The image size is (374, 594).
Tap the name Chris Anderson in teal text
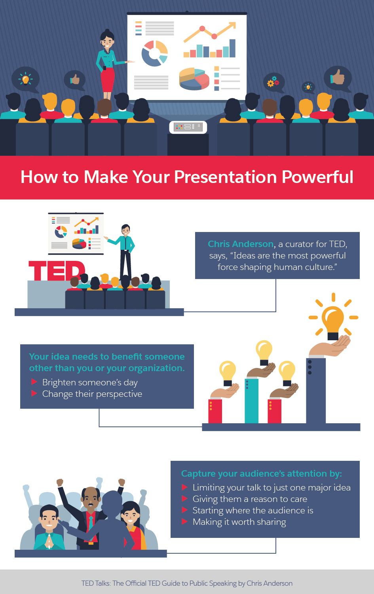click(x=241, y=244)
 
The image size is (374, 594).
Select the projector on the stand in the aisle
click(x=188, y=127)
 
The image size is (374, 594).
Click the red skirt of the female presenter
click(x=107, y=80)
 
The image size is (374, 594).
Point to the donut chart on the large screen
click(x=155, y=53)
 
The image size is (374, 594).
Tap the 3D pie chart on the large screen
click(x=194, y=78)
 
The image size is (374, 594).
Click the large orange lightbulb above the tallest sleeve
click(x=333, y=320)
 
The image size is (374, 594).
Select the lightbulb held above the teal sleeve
click(x=264, y=351)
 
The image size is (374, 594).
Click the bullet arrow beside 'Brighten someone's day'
click(x=34, y=382)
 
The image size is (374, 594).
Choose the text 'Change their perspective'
click(x=92, y=394)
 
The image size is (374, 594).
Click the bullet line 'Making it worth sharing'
click(x=239, y=522)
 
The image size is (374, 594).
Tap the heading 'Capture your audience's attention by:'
click(x=261, y=473)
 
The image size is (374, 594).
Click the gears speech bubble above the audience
click(x=273, y=82)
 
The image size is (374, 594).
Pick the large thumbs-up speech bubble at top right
click(x=338, y=78)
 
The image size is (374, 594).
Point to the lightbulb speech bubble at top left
click(x=25, y=79)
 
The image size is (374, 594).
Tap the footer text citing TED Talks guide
click(x=187, y=583)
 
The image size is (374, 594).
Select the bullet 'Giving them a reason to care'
click(x=250, y=499)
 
